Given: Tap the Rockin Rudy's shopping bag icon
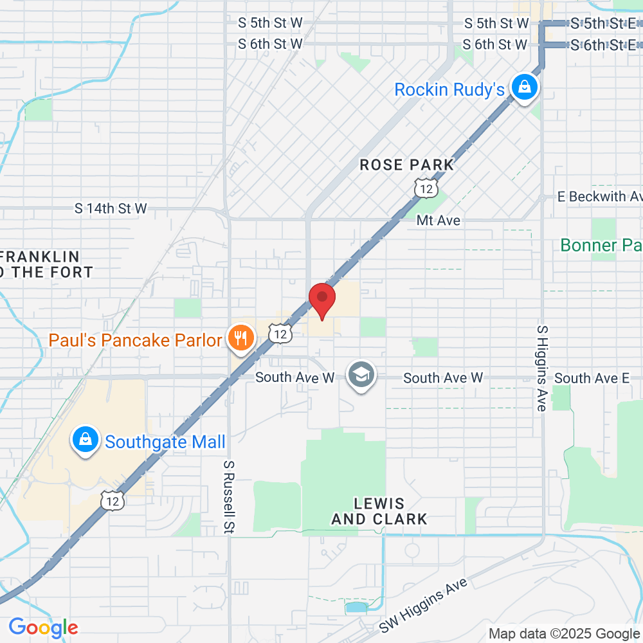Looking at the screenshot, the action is point(525,87).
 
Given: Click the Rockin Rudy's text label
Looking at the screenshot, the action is point(449,89).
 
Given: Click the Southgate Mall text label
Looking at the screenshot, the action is point(165,442).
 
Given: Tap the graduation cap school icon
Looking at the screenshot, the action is point(361,375).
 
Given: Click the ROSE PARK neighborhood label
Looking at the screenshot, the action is point(406,165).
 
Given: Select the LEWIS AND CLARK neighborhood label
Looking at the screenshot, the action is point(379,511).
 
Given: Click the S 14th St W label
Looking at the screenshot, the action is point(111,208).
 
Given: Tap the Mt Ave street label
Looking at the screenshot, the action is point(439,221).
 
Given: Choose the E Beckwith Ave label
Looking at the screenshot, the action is point(599,196).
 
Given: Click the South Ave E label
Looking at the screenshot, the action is point(592,378).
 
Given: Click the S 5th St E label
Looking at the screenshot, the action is point(603,24).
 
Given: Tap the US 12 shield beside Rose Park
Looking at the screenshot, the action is point(426,188).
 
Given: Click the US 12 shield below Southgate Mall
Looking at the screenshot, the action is point(113,500).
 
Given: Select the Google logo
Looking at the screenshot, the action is point(43,627).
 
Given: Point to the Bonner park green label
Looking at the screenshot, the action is point(601,245).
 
